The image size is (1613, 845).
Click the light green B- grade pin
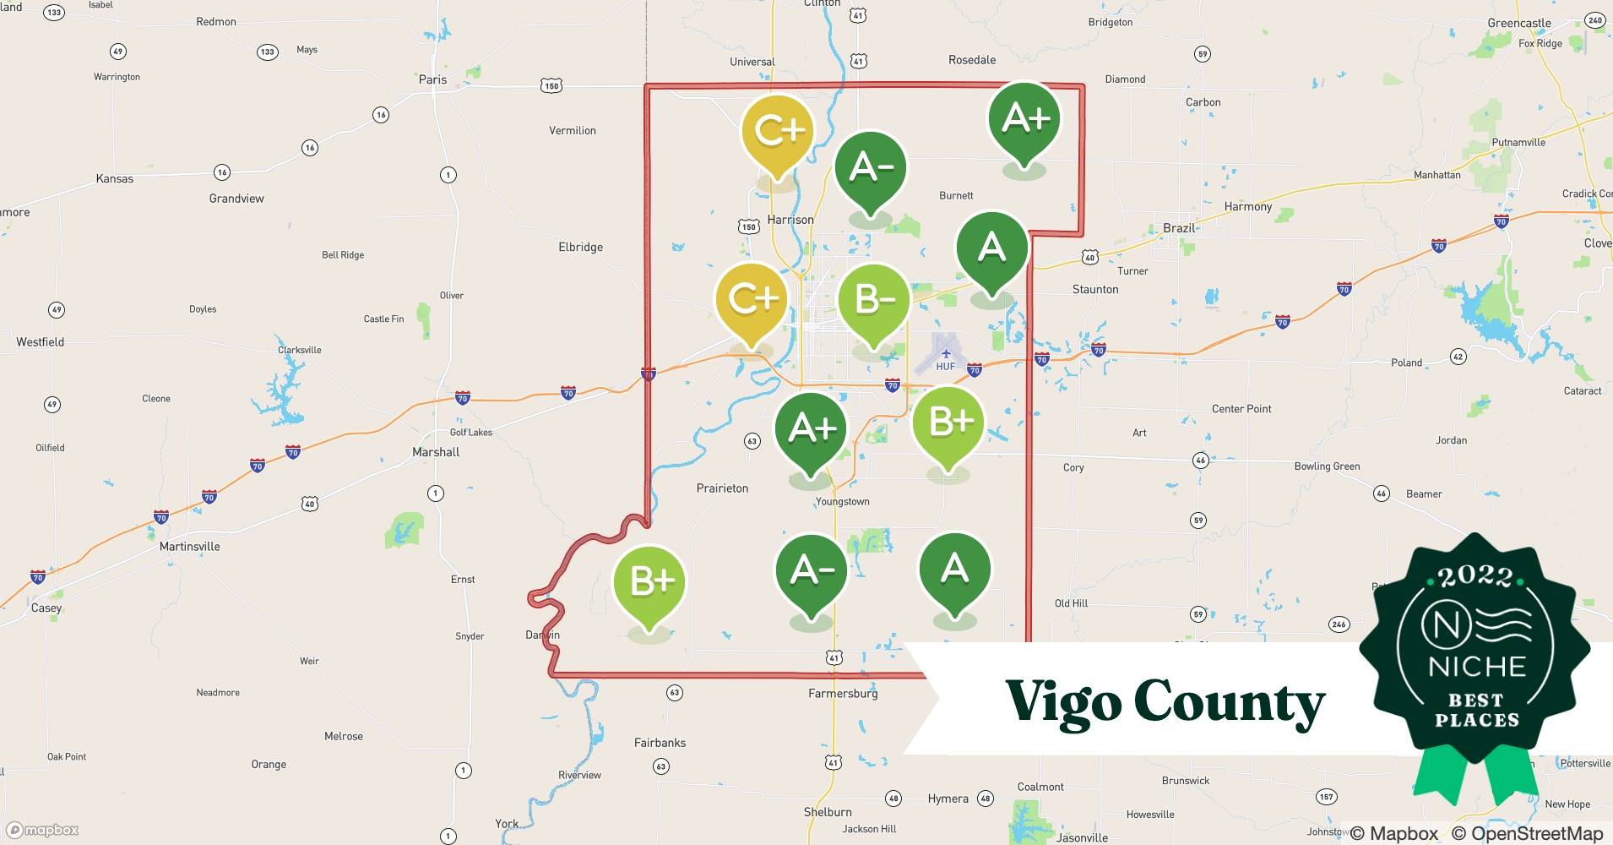(874, 301)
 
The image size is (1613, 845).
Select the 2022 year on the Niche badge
(1475, 576)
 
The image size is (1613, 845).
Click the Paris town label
(432, 79)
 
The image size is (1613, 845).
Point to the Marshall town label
(436, 452)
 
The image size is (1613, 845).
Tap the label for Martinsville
(189, 547)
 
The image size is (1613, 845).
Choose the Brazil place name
(1179, 228)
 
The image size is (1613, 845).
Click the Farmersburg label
(843, 694)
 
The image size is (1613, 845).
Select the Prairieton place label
(722, 488)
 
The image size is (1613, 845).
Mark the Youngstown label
(842, 502)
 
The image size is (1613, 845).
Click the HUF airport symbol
(945, 354)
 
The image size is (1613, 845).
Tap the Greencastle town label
(1519, 23)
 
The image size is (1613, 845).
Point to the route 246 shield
(1339, 624)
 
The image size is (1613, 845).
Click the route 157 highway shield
(1327, 797)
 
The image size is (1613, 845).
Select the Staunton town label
(1095, 289)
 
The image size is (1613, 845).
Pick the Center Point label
(1241, 409)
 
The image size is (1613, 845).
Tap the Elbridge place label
(580, 248)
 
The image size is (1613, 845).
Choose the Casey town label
(46, 608)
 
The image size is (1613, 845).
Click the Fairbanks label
(660, 743)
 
